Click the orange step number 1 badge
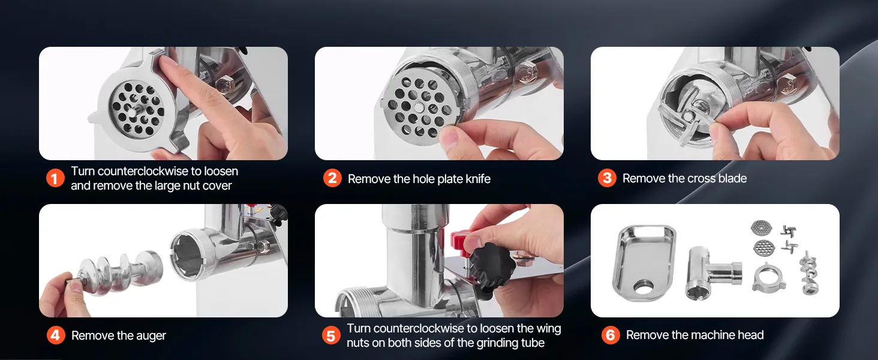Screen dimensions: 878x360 point(55,178)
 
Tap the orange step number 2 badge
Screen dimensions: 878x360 point(332,178)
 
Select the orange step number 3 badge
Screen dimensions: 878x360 point(607,178)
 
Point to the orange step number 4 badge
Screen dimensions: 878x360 point(56,335)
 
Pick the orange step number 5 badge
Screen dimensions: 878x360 point(331,335)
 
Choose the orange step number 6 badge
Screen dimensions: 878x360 point(611,335)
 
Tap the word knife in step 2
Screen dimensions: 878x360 point(477,179)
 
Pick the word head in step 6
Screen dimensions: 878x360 point(750,335)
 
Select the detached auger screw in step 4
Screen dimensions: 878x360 point(114,274)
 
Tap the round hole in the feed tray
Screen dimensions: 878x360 point(644,287)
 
